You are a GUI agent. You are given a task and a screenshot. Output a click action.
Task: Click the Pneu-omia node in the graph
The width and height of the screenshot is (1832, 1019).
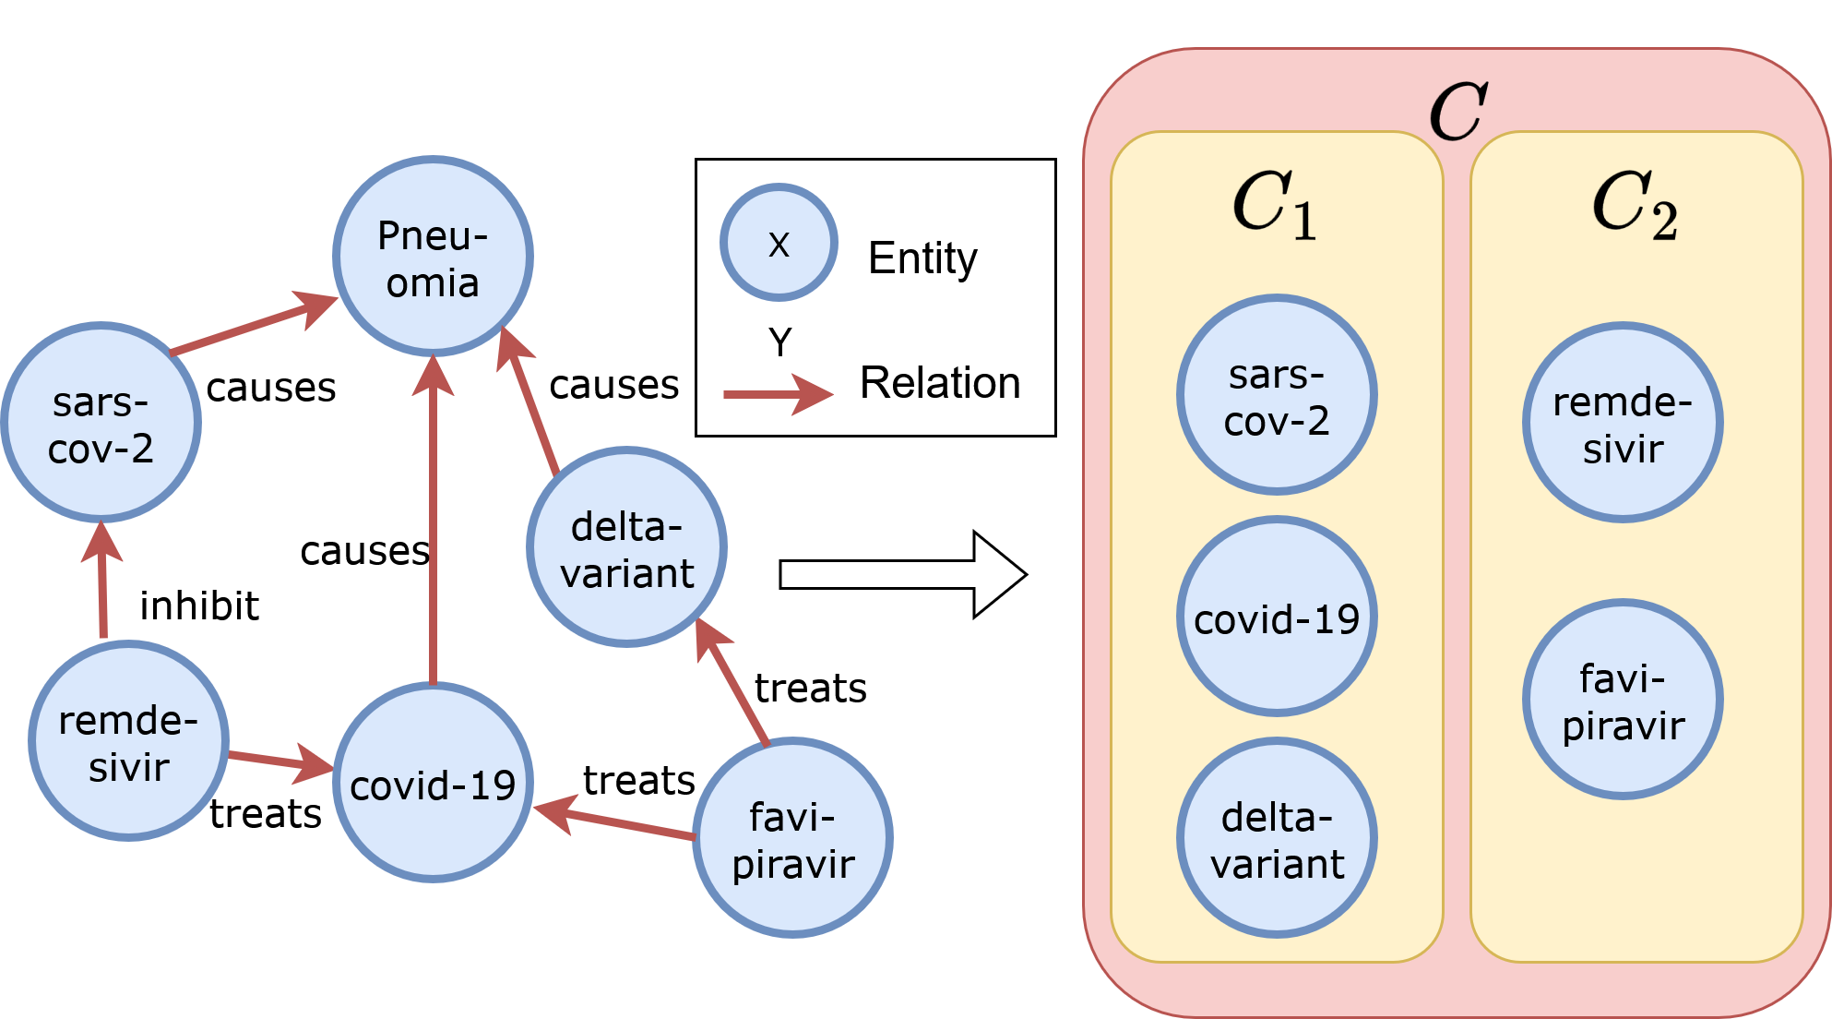pyautogui.click(x=433, y=257)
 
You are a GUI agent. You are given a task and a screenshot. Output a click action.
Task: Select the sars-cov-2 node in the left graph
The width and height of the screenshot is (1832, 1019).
pyautogui.click(x=101, y=423)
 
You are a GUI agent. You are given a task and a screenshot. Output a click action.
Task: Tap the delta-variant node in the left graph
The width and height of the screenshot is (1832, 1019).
pyautogui.click(x=626, y=547)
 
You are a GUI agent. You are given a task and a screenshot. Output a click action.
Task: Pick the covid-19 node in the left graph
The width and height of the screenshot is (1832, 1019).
pyautogui.click(x=433, y=783)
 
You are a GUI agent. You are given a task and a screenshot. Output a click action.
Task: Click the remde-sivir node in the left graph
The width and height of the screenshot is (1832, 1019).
pyautogui.click(x=128, y=741)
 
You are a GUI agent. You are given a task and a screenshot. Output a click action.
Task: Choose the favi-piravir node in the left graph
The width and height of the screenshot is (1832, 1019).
pyautogui.click(x=792, y=838)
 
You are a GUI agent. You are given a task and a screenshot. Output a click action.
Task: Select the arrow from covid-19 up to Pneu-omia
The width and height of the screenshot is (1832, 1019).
pyautogui.click(x=433, y=526)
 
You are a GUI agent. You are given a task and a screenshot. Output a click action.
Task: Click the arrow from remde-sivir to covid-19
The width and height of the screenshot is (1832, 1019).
pyautogui.click(x=277, y=761)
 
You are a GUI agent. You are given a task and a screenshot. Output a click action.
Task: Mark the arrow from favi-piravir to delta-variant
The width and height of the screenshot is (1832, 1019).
pyautogui.click(x=733, y=683)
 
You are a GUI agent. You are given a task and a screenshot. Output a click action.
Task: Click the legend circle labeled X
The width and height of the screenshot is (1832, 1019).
pyautogui.click(x=779, y=243)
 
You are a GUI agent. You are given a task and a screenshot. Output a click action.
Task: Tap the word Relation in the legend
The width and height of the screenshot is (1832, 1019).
pyautogui.click(x=939, y=382)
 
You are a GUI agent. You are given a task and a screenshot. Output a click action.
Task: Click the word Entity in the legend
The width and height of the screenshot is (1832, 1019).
pyautogui.click(x=922, y=258)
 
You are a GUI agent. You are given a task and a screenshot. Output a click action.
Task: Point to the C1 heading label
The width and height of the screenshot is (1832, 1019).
pyautogui.click(x=1275, y=205)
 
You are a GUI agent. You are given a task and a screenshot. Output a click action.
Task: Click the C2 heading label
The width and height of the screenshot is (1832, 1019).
pyautogui.click(x=1634, y=205)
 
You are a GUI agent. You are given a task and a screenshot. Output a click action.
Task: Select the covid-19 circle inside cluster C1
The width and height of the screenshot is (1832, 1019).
pyautogui.click(x=1277, y=617)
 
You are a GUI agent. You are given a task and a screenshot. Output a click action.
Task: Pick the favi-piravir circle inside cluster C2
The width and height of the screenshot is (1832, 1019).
pyautogui.click(x=1623, y=700)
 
